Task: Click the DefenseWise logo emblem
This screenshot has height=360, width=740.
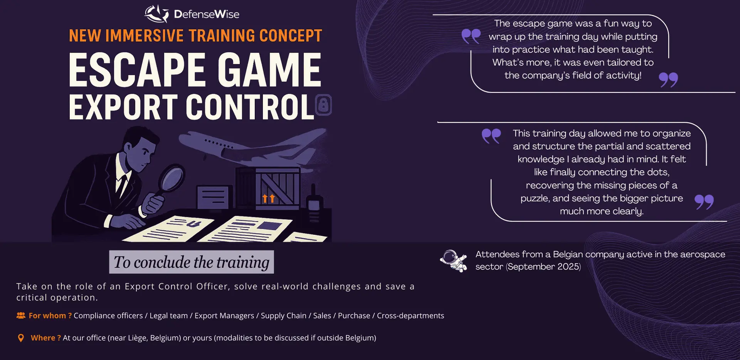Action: pyautogui.click(x=156, y=14)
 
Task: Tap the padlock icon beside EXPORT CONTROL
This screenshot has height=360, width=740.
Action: pyautogui.click(x=323, y=105)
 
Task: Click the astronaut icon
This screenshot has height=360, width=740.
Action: pyautogui.click(x=454, y=261)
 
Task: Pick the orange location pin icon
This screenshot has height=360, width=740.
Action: pyautogui.click(x=21, y=338)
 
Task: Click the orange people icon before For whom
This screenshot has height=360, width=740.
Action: pyautogui.click(x=21, y=316)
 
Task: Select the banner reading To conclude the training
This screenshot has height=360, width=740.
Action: pyautogui.click(x=192, y=262)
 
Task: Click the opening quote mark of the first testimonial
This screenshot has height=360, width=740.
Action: pyautogui.click(x=471, y=36)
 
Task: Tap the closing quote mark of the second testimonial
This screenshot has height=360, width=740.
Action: pyautogui.click(x=704, y=202)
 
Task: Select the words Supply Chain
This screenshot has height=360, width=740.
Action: pyautogui.click(x=284, y=316)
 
